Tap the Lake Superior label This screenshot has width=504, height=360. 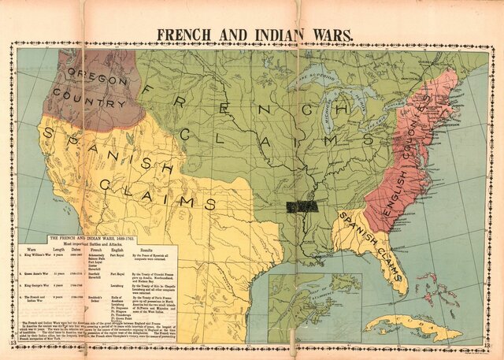coord(319,78)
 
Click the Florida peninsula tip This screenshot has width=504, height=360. coord(401,288)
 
